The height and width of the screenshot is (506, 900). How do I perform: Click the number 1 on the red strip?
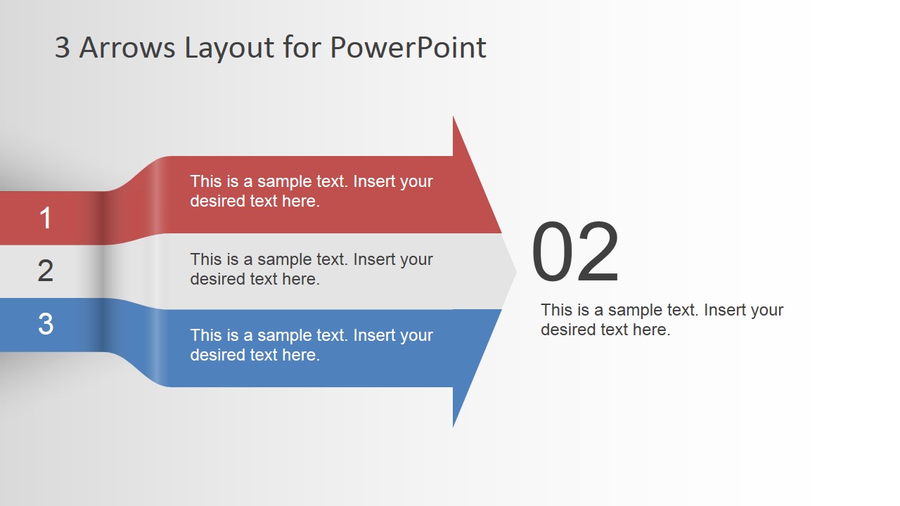coord(46,218)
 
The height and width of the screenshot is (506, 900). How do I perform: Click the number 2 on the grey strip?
coord(46,271)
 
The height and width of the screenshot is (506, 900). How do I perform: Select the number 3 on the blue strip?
coord(46,324)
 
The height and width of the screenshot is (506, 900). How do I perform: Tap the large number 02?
coord(575,254)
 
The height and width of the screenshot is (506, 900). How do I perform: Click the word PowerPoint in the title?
coord(408,48)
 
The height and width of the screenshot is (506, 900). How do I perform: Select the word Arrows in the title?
coord(127,48)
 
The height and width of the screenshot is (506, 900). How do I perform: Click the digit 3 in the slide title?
coord(63,48)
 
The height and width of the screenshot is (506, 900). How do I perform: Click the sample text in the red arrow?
coord(311,191)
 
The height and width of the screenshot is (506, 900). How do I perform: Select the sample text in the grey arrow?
coord(311,269)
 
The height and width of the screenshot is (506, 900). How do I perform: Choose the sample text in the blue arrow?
coord(311,345)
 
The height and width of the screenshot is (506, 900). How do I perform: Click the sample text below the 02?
coord(662,320)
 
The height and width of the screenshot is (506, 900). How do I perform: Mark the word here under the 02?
coord(651,330)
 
